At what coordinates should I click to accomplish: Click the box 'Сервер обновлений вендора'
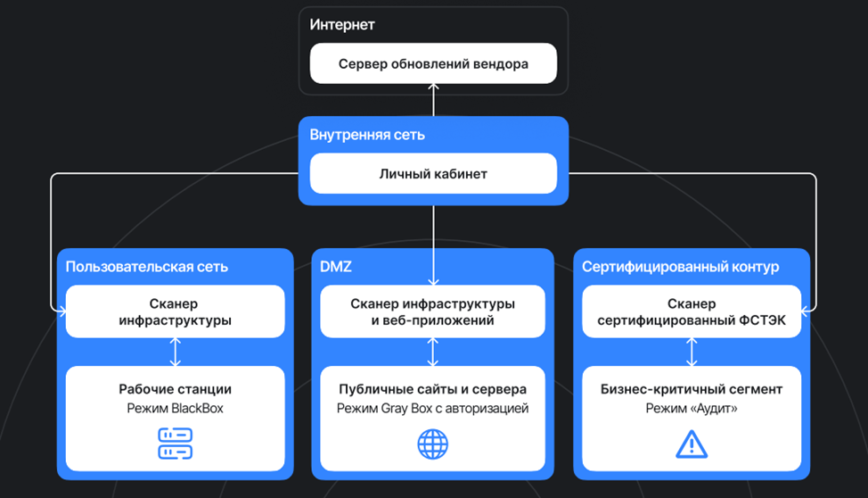click(x=433, y=64)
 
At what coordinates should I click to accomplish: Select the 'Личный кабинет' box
click(x=433, y=173)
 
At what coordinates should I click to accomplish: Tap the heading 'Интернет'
click(x=342, y=24)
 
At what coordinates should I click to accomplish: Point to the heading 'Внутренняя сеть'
click(x=367, y=135)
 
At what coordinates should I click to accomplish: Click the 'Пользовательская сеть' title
click(x=146, y=266)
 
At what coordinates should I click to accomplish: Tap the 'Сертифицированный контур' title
click(x=681, y=266)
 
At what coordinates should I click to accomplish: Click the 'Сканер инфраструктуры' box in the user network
click(x=175, y=311)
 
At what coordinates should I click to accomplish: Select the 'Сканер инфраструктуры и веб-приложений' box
click(x=433, y=311)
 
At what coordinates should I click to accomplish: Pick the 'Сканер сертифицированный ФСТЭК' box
click(x=692, y=311)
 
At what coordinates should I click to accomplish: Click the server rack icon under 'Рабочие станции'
click(x=175, y=444)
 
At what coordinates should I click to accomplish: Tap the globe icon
click(x=433, y=444)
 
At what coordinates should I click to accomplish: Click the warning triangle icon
click(x=691, y=444)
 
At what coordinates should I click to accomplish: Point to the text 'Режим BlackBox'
click(x=175, y=409)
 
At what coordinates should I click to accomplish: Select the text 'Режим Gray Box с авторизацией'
click(x=433, y=409)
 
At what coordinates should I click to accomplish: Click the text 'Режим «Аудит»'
click(x=691, y=409)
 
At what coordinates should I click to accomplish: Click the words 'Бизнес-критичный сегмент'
click(x=691, y=389)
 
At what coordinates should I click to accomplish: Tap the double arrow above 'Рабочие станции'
click(x=175, y=352)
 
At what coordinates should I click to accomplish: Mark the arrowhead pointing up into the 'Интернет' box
click(x=433, y=87)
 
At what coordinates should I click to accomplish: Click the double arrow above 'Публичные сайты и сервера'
click(x=433, y=352)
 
